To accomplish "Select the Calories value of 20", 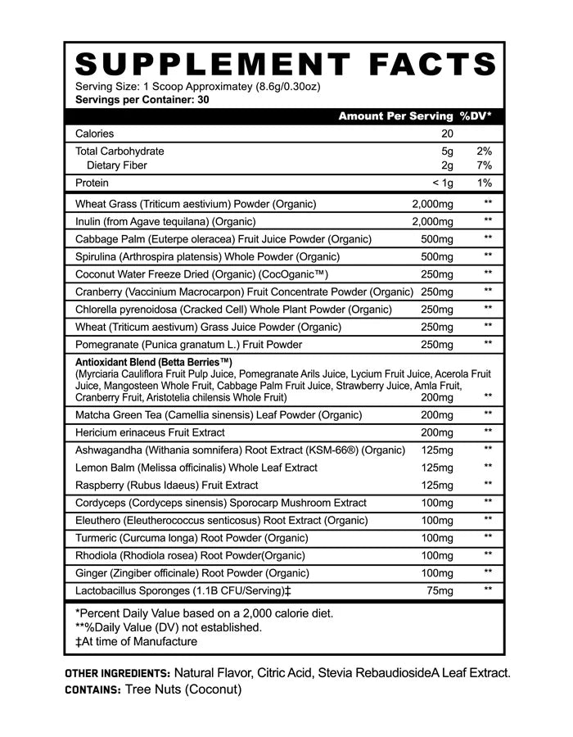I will tap(447, 133).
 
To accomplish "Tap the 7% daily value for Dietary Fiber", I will tap(484, 165).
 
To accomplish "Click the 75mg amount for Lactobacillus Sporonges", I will tap(440, 590).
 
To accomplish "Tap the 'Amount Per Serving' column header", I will tap(395, 116).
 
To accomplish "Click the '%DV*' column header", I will tap(481, 116).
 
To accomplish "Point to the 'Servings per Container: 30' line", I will tap(136, 100).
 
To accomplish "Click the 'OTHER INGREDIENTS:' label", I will tap(117, 673).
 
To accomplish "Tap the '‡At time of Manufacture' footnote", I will tap(136, 641).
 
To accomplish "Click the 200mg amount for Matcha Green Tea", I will tap(436, 415).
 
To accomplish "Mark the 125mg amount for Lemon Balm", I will tap(436, 468).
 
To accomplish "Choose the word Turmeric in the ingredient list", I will tap(96, 538).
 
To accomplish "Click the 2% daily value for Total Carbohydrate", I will tap(484, 151).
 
